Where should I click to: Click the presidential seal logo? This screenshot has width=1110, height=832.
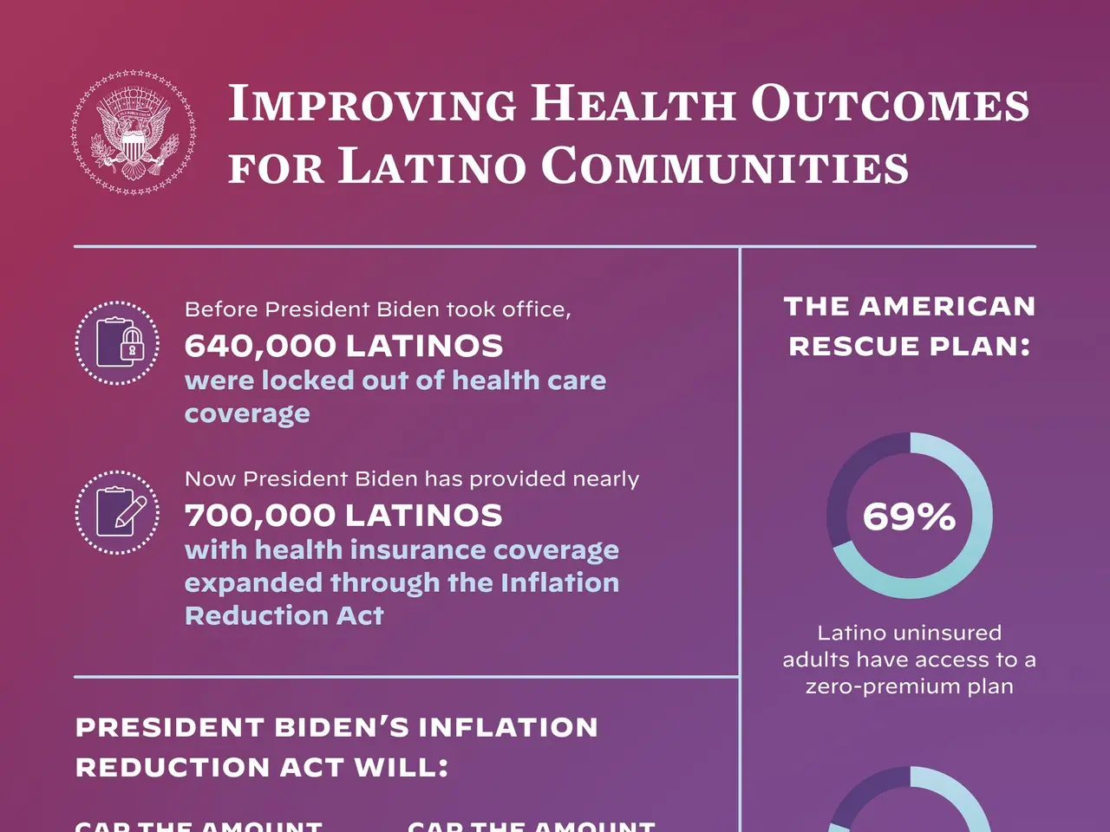point(133,133)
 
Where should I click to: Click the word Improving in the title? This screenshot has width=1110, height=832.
point(371,104)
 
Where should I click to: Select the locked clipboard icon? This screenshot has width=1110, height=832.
point(117,343)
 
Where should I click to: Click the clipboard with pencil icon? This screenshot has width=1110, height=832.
point(117,512)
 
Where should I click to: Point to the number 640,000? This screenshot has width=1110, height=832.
point(260,346)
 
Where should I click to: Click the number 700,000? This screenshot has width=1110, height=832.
point(260,516)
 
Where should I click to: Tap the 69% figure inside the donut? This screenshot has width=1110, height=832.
point(909,517)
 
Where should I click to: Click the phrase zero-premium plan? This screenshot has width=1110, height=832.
point(909,686)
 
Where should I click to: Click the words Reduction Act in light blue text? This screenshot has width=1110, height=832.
point(284,615)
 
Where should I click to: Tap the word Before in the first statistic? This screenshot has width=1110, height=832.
point(221,309)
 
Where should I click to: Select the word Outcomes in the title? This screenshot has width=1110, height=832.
point(890,104)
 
